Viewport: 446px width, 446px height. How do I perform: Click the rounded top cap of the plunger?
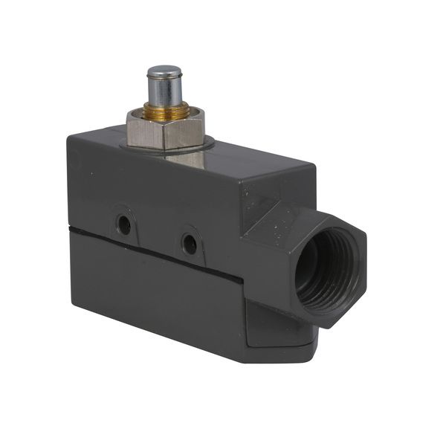tap(164, 72)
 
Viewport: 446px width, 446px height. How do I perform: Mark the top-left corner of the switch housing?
tap(69, 136)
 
